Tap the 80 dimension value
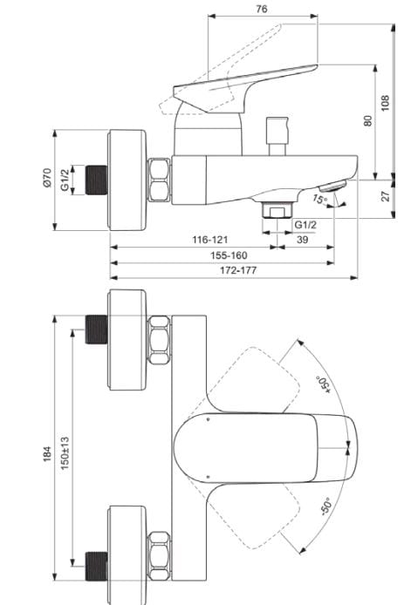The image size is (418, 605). point(367,121)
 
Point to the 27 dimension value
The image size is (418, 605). point(384,196)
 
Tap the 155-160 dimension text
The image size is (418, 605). point(230,255)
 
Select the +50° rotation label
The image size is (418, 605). point(321,385)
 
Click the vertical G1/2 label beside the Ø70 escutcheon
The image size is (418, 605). point(65,180)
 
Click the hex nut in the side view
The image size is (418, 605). point(160,180)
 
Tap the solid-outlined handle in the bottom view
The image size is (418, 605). point(262,447)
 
